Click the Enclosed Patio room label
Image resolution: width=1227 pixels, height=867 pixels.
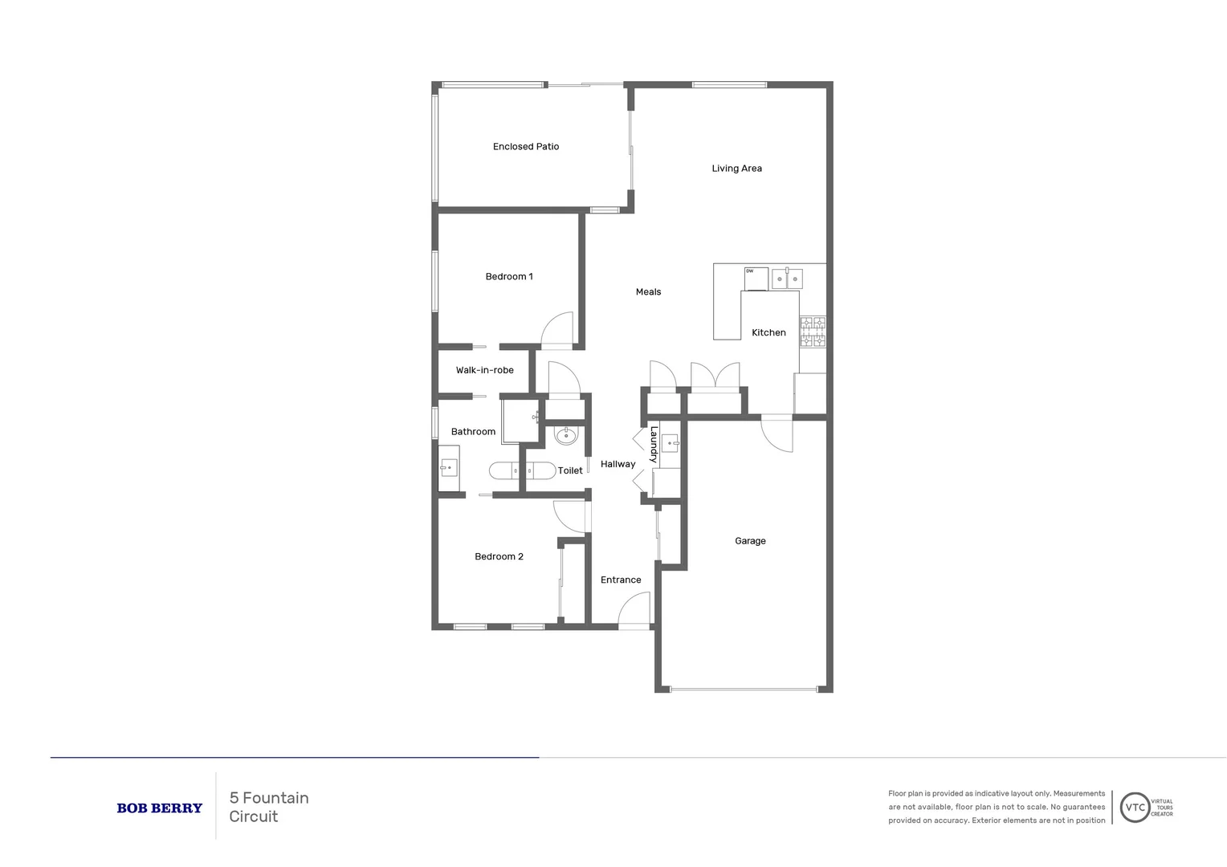[x=525, y=147]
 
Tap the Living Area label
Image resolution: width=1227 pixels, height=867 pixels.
[x=736, y=169]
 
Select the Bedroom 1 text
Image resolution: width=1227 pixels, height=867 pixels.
[x=509, y=277]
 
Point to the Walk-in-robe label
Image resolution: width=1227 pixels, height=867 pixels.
[x=484, y=371]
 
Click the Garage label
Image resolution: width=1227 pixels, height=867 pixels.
[x=750, y=541]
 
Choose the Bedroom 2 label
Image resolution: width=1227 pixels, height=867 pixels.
[x=499, y=557]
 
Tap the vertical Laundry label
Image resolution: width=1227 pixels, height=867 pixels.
[x=654, y=445]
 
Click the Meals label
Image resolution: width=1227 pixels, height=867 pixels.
[x=648, y=292]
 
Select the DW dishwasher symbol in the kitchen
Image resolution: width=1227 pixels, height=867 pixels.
[x=756, y=278]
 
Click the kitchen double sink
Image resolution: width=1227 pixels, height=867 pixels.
[x=787, y=279]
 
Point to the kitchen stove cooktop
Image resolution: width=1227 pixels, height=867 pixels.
[x=812, y=332]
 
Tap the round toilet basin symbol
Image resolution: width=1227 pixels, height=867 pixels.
[x=565, y=436]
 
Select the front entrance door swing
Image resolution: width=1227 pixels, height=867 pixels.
[x=635, y=609]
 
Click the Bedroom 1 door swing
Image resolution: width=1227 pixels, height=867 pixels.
[x=557, y=329]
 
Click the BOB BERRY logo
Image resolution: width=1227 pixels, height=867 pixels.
[x=159, y=808]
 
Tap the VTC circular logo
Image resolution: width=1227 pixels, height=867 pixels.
[x=1135, y=808]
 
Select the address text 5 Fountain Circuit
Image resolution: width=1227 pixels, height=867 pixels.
[x=269, y=808]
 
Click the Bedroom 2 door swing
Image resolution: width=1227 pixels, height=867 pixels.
[x=571, y=517]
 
